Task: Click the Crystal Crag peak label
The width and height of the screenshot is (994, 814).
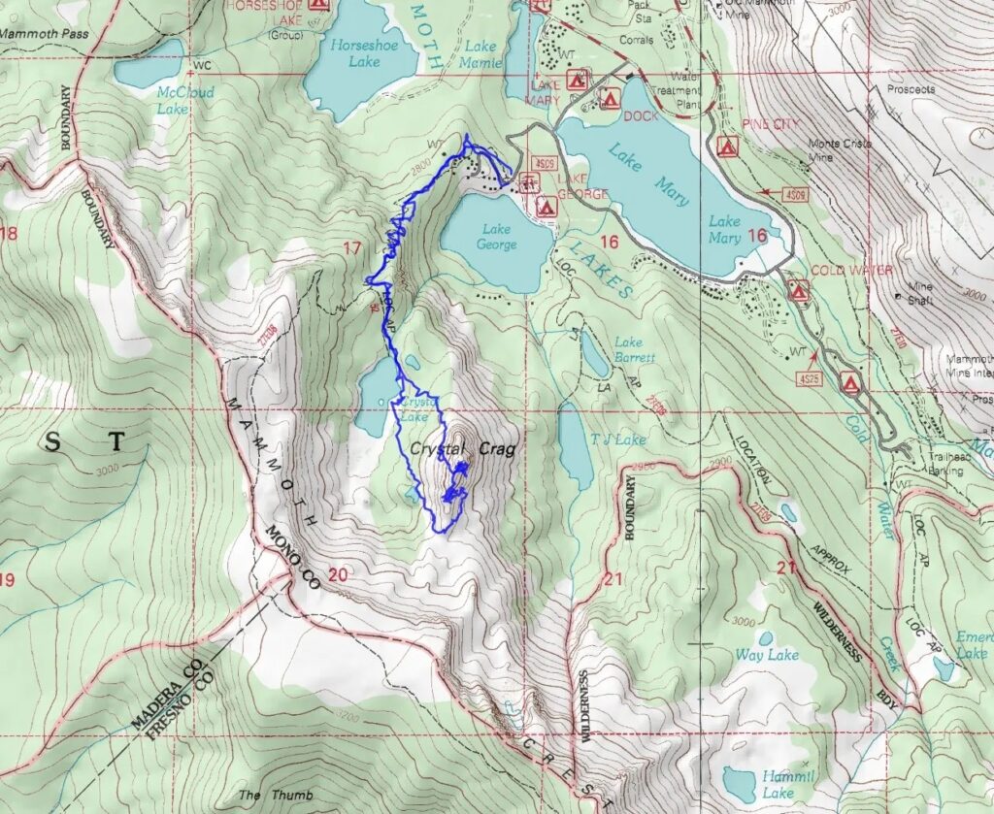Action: tap(461, 449)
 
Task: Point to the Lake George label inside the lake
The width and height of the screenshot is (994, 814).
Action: tap(496, 237)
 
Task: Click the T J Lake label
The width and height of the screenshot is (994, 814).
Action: tap(618, 440)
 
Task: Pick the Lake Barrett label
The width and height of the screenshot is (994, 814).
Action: tap(635, 349)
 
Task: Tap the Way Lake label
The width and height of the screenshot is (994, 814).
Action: tap(767, 655)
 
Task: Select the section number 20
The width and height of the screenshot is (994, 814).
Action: tap(337, 575)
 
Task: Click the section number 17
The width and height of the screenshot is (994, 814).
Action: tap(351, 248)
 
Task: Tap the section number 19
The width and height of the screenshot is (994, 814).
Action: tap(8, 580)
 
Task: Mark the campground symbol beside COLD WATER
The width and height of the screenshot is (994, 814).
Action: tap(799, 289)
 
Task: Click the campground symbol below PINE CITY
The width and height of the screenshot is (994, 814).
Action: tap(725, 147)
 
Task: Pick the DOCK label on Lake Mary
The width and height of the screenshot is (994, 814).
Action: tap(642, 114)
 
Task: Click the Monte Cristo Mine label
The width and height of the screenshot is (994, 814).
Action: tap(841, 149)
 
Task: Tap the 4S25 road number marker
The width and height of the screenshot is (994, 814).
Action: tap(808, 374)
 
